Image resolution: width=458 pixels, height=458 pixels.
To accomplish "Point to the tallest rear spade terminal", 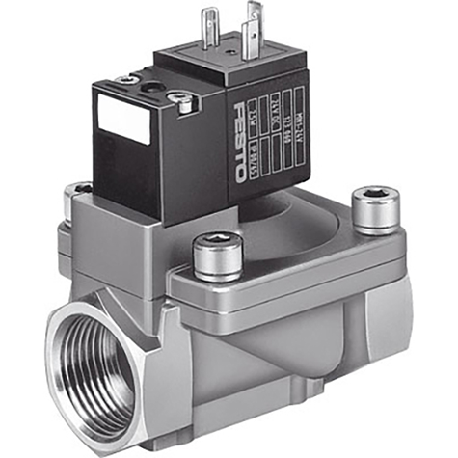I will (254, 21).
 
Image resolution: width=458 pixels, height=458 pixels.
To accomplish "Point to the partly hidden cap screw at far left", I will (76, 198).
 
